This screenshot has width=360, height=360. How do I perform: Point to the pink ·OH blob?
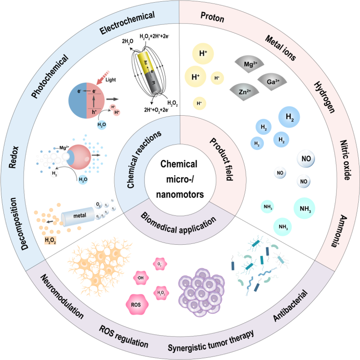[x=140, y=277]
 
